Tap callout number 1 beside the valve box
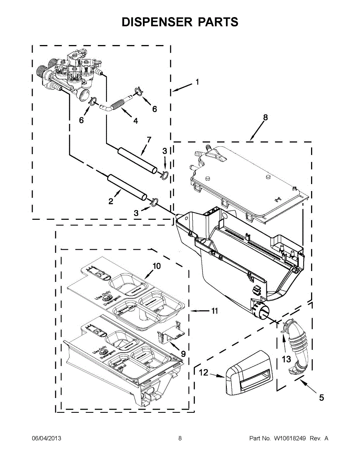pos(197,82)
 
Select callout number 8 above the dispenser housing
pos(265,118)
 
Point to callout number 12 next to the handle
pos(204,373)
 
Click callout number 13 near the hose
pos(286,359)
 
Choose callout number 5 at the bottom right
pos(321,397)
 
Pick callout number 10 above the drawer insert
pos(157,266)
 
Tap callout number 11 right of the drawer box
pos(215,311)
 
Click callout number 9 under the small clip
pos(183,354)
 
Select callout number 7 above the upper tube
pos(148,140)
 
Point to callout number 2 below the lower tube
pos(111,201)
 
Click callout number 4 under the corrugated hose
pos(136,121)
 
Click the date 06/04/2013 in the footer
pos(46,438)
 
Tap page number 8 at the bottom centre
pos(180,438)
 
